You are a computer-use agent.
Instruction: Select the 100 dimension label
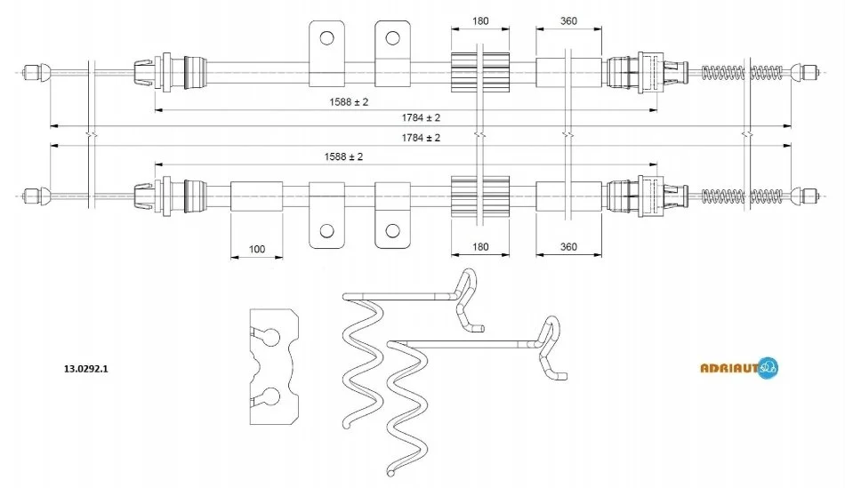pyautogui.click(x=256, y=250)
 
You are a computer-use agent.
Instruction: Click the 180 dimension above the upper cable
pyautogui.click(x=481, y=21)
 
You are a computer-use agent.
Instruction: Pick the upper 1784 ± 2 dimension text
pyautogui.click(x=421, y=117)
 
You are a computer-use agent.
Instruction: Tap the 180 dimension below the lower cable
pyautogui.click(x=481, y=246)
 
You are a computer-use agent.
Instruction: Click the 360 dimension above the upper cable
pyautogui.click(x=570, y=21)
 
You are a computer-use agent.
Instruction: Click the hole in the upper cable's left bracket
pyautogui.click(x=326, y=37)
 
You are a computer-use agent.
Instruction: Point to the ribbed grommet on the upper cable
pyautogui.click(x=479, y=71)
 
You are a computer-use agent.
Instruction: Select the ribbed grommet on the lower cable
pyautogui.click(x=479, y=195)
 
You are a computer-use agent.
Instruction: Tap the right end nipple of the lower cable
pyautogui.click(x=808, y=195)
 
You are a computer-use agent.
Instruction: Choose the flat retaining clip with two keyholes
pyautogui.click(x=271, y=366)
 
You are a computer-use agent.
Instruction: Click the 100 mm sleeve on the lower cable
pyautogui.click(x=256, y=196)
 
